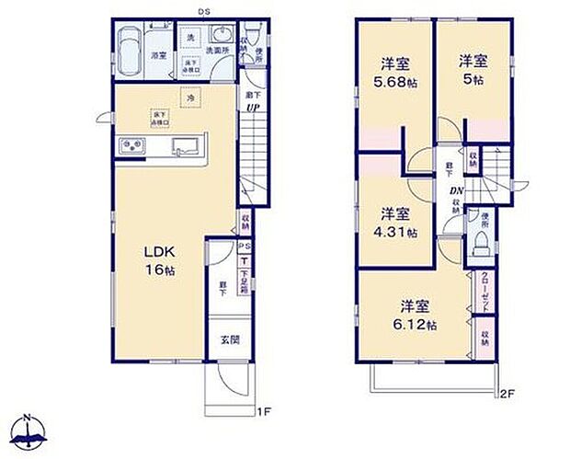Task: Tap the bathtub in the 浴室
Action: [x=130, y=46]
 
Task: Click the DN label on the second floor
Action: [x=455, y=190]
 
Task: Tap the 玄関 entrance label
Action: [x=229, y=339]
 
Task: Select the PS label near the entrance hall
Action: [x=244, y=247]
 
